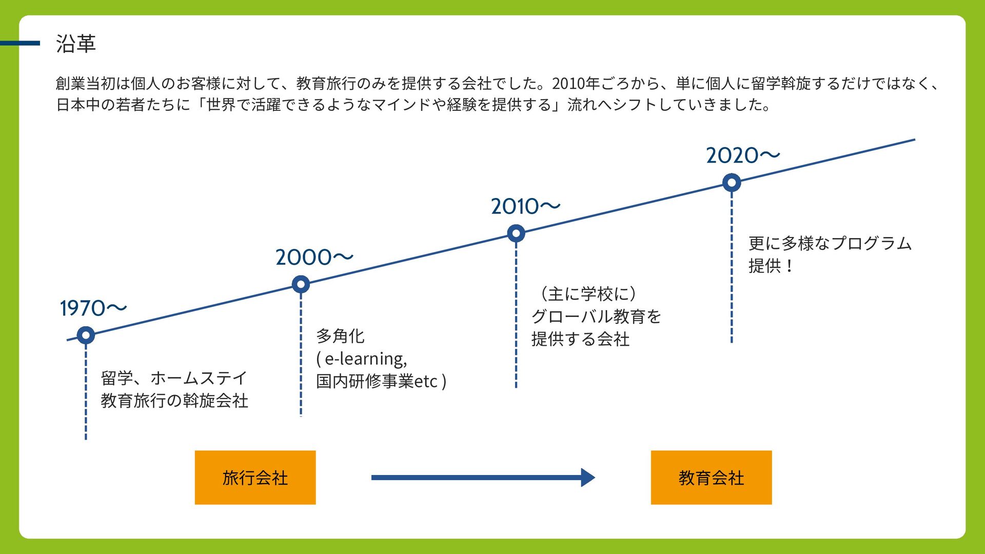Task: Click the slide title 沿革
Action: tap(76, 44)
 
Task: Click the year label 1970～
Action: tap(93, 308)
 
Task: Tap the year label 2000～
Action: tap(314, 258)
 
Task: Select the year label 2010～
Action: tap(525, 207)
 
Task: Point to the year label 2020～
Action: tap(742, 155)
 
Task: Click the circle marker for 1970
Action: tap(86, 335)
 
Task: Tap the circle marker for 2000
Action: tap(301, 284)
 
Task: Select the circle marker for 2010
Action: tap(516, 233)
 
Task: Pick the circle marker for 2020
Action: tap(732, 183)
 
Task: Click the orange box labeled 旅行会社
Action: tap(255, 478)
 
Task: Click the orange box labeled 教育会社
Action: tap(711, 478)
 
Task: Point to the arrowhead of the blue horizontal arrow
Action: tap(588, 478)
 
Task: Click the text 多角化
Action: tap(340, 337)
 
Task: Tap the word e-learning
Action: tap(365, 359)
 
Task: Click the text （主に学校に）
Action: tap(588, 294)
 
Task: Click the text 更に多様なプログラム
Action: tap(830, 243)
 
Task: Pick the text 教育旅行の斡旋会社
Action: tap(174, 401)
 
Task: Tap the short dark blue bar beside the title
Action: tap(20, 44)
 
